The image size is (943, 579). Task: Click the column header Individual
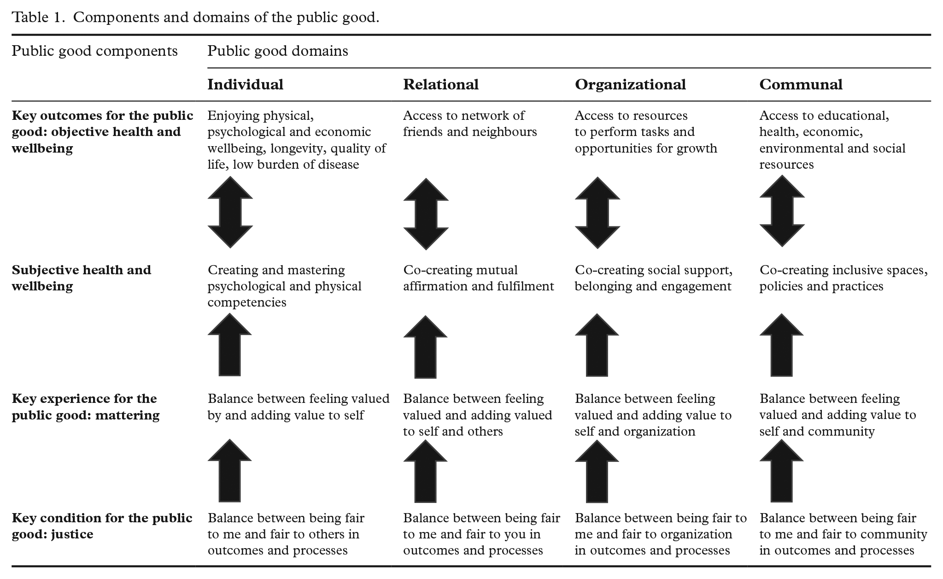tap(245, 84)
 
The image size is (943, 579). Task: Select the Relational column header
tap(441, 84)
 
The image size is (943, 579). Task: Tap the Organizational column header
tap(630, 85)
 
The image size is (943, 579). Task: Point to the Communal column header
tap(801, 84)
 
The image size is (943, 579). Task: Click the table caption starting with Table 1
tap(195, 18)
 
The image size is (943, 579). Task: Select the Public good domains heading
tap(278, 51)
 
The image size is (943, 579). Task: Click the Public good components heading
tap(94, 51)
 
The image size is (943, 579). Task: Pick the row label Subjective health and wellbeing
tap(81, 278)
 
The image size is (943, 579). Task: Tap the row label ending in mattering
tap(86, 407)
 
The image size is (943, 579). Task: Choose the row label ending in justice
tap(102, 526)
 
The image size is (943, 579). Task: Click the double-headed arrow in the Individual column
tap(230, 213)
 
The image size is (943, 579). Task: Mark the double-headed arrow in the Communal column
tap(782, 211)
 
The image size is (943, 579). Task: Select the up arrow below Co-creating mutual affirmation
tap(425, 347)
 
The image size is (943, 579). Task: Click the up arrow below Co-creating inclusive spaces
tap(781, 345)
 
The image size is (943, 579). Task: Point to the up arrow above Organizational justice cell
tap(597, 471)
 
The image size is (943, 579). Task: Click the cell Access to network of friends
tap(470, 124)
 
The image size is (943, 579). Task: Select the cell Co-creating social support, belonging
tap(654, 278)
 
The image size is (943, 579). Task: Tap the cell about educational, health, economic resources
tap(832, 140)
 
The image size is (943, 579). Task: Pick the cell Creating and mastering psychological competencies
tap(284, 286)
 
